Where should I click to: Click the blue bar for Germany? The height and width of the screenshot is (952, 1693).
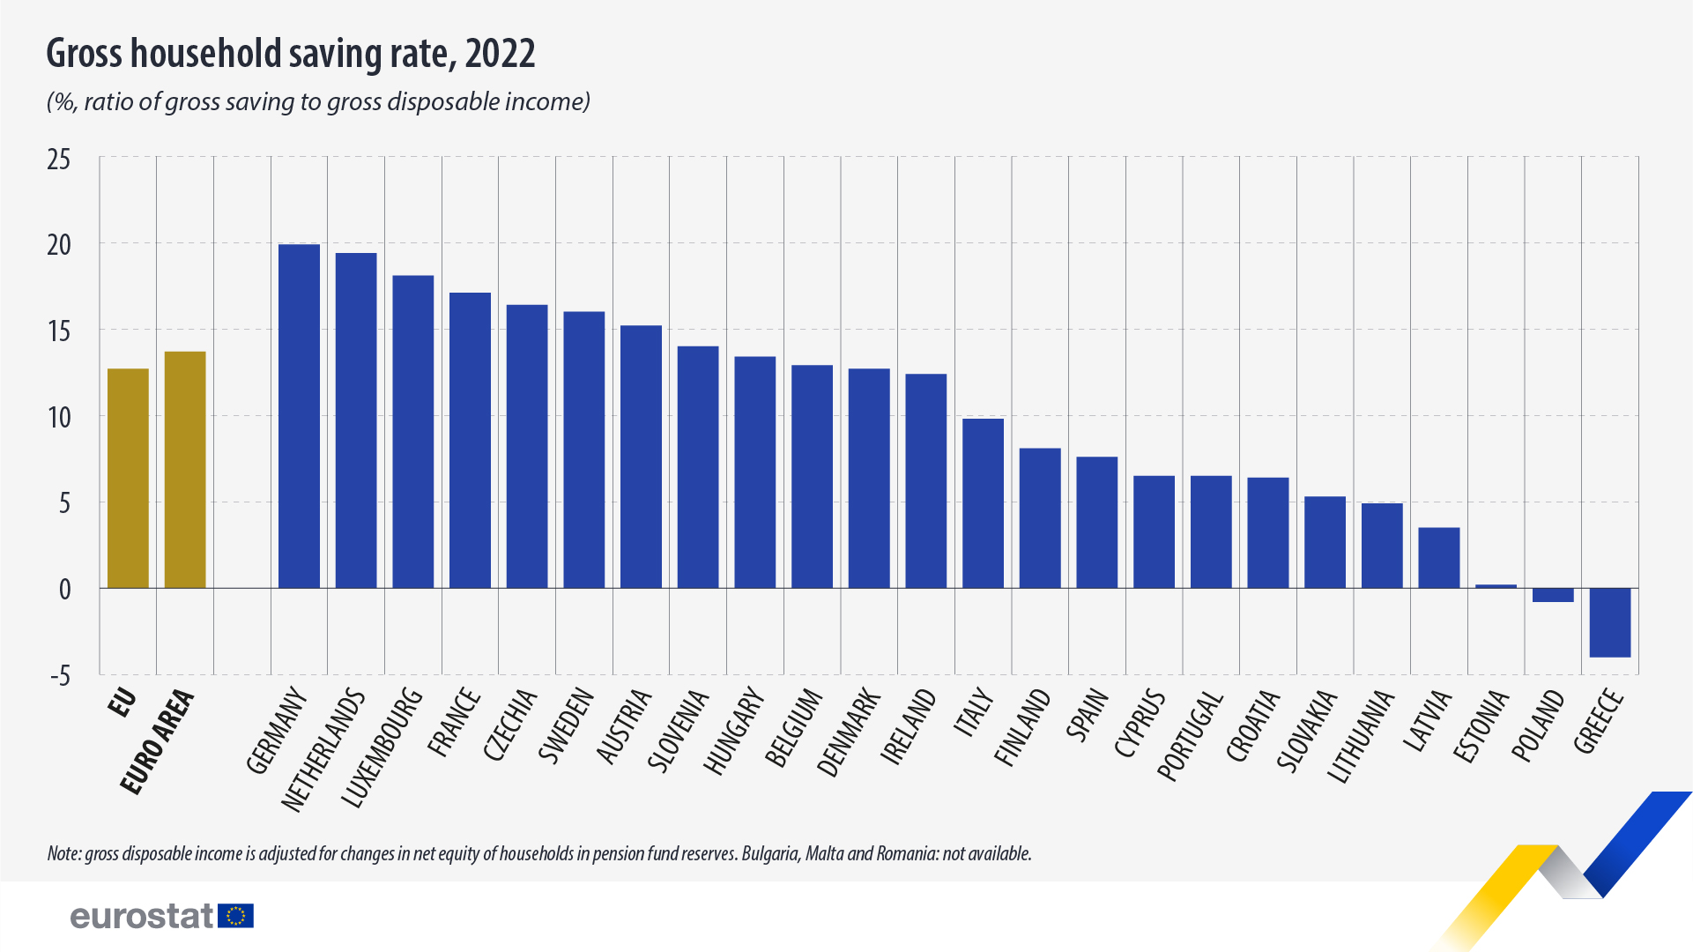pos(299,416)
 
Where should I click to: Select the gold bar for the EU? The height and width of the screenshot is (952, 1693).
pos(128,478)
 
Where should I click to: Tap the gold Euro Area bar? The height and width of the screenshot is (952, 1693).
pos(185,470)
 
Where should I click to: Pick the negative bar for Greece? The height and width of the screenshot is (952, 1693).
pos(1609,622)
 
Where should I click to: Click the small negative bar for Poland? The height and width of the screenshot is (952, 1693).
pos(1553,595)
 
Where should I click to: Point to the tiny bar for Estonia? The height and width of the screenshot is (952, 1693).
pos(1496,586)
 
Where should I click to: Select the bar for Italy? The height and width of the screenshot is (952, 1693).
pos(983,503)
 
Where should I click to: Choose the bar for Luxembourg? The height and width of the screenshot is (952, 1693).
pos(412,432)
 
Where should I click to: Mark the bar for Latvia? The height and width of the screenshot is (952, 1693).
pos(1438,558)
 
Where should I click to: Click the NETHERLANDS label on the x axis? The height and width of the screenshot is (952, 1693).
pos(323,749)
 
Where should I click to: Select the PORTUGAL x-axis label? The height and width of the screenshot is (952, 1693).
pos(1190,736)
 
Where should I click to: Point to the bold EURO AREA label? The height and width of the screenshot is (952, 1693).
pos(158,741)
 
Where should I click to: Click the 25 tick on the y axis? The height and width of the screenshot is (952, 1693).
pos(59,160)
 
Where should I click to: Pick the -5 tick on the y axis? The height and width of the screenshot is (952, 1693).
pos(59,676)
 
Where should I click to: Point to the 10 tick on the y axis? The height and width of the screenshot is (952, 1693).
pos(59,417)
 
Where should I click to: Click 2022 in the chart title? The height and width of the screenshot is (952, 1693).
pos(500,54)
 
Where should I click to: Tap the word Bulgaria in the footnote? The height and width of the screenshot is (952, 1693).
pos(771,853)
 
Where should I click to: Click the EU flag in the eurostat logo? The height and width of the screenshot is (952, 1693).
pos(235,916)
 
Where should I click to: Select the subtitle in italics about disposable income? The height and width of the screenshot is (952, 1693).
pos(318,102)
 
